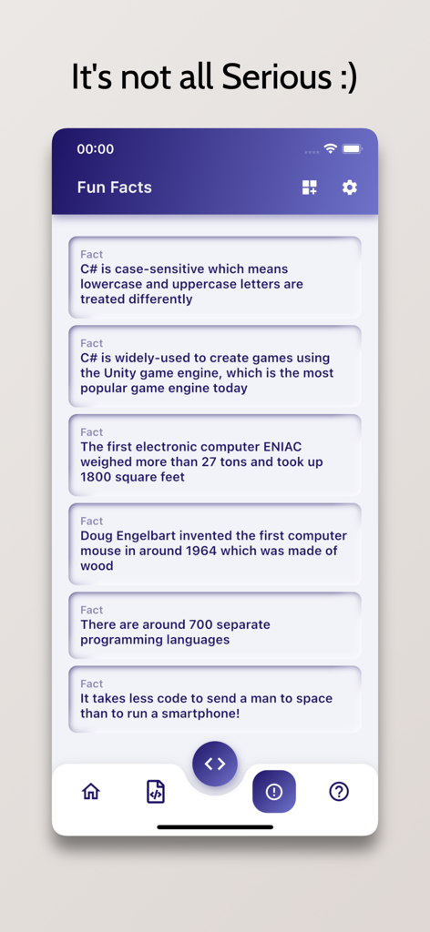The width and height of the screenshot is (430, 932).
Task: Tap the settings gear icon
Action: pos(350,187)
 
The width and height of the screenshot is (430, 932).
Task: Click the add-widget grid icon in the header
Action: pos(310,187)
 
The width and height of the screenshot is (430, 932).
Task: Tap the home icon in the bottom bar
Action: pos(91,792)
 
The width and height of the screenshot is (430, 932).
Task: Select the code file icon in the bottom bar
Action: pos(156,792)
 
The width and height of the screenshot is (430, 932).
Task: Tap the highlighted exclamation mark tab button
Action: pos(274,792)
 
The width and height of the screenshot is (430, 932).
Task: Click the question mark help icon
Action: pos(339,792)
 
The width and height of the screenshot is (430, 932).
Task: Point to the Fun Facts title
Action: pos(114,187)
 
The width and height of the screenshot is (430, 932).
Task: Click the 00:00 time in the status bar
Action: pos(96,149)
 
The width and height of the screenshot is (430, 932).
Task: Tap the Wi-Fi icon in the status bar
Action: pos(330,148)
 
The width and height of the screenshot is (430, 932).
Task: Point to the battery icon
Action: pos(352,148)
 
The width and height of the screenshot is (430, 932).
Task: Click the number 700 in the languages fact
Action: pos(201,624)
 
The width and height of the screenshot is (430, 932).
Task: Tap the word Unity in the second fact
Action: pos(120,373)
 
